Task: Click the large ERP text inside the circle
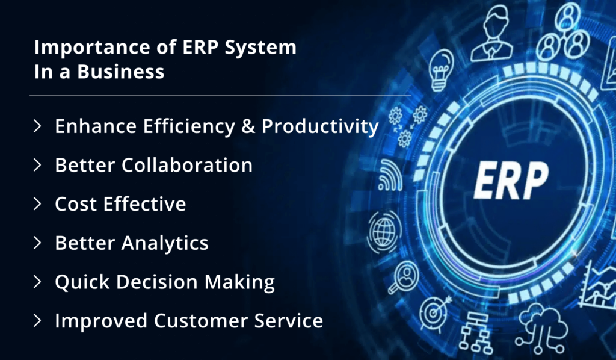click(510, 179)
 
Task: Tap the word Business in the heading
click(126, 71)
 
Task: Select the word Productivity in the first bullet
click(320, 126)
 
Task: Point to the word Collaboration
click(187, 165)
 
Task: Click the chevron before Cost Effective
click(38, 203)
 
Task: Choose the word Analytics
click(165, 243)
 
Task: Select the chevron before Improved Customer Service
click(38, 320)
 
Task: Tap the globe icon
click(383, 229)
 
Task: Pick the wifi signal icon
click(390, 175)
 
